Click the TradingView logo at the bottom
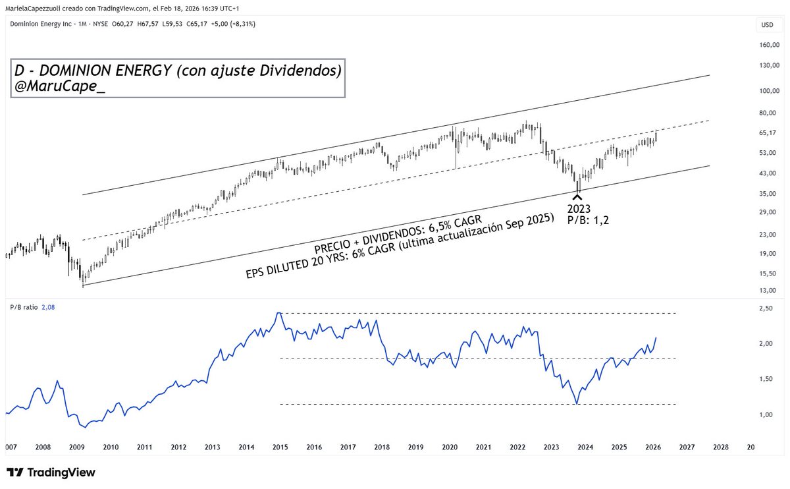[51, 473]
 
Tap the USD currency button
[767, 25]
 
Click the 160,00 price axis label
[769, 45]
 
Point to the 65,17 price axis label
[768, 133]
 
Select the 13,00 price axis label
[768, 291]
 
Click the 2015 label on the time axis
[280, 447]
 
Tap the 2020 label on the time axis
[450, 447]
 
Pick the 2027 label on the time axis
[687, 447]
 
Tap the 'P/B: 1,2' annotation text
[588, 221]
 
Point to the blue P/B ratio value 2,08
[47, 306]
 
